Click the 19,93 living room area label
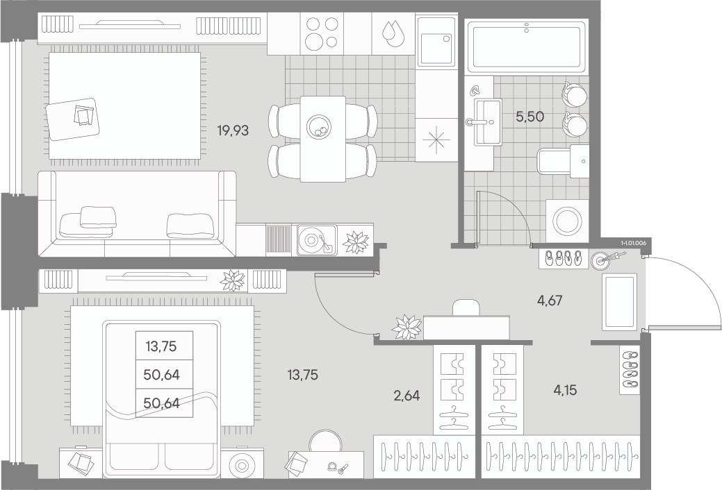click(x=233, y=130)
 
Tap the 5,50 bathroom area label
click(x=530, y=117)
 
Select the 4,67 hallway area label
click(x=550, y=301)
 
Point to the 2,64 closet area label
click(x=407, y=395)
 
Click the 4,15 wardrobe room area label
click(x=564, y=391)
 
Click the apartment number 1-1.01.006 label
click(x=633, y=242)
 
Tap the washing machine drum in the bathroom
click(x=567, y=220)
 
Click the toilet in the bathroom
click(x=563, y=161)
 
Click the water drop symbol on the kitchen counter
click(x=391, y=33)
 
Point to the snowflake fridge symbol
click(x=435, y=140)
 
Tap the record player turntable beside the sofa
click(x=317, y=239)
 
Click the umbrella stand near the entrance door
click(x=601, y=260)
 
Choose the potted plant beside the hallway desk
click(x=407, y=327)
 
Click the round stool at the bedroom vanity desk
click(x=325, y=441)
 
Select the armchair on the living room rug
click(x=73, y=119)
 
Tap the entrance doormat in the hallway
click(x=619, y=302)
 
